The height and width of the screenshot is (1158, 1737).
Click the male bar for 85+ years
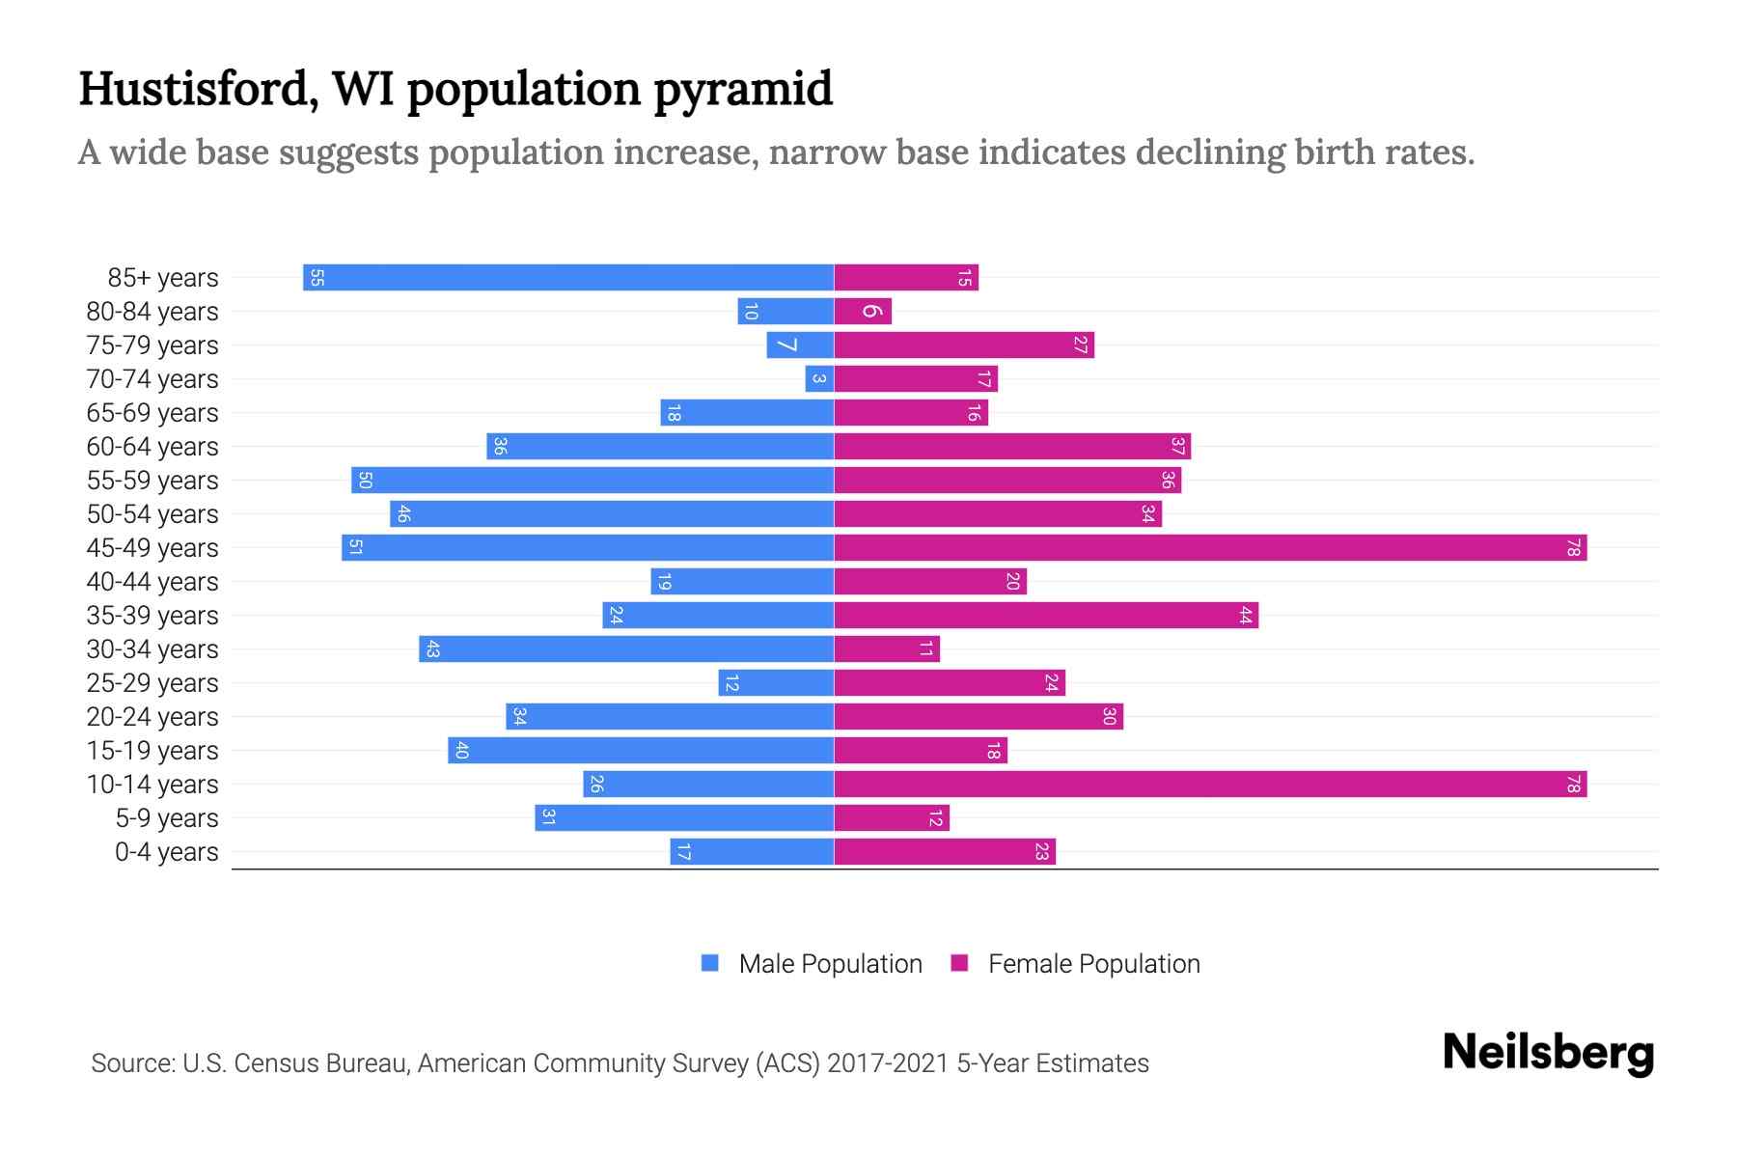(569, 277)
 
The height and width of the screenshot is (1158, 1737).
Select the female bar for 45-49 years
(1210, 547)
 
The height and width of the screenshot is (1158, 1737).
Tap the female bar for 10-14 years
(1210, 784)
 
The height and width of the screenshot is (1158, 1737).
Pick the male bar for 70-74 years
(819, 378)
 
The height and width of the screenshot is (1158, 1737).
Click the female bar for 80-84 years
(863, 311)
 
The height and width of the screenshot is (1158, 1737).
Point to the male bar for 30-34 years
(627, 648)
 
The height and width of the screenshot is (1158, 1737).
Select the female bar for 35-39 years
(1046, 615)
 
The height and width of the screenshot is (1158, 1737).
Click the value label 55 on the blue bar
(317, 278)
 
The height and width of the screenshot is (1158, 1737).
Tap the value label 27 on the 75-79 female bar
(1080, 345)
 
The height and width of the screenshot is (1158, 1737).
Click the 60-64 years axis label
(152, 447)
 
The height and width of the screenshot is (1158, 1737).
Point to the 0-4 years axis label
(166, 852)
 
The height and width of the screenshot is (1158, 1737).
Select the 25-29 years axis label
(152, 683)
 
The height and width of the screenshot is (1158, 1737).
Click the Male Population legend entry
(830, 963)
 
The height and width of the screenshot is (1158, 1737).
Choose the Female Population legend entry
(1093, 963)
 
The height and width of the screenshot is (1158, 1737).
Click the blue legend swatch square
(710, 963)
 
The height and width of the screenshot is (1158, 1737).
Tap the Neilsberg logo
(1548, 1053)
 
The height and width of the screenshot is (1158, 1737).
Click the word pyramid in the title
(743, 90)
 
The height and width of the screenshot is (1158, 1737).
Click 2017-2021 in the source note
(888, 1063)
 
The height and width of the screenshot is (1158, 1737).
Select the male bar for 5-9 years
(685, 817)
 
